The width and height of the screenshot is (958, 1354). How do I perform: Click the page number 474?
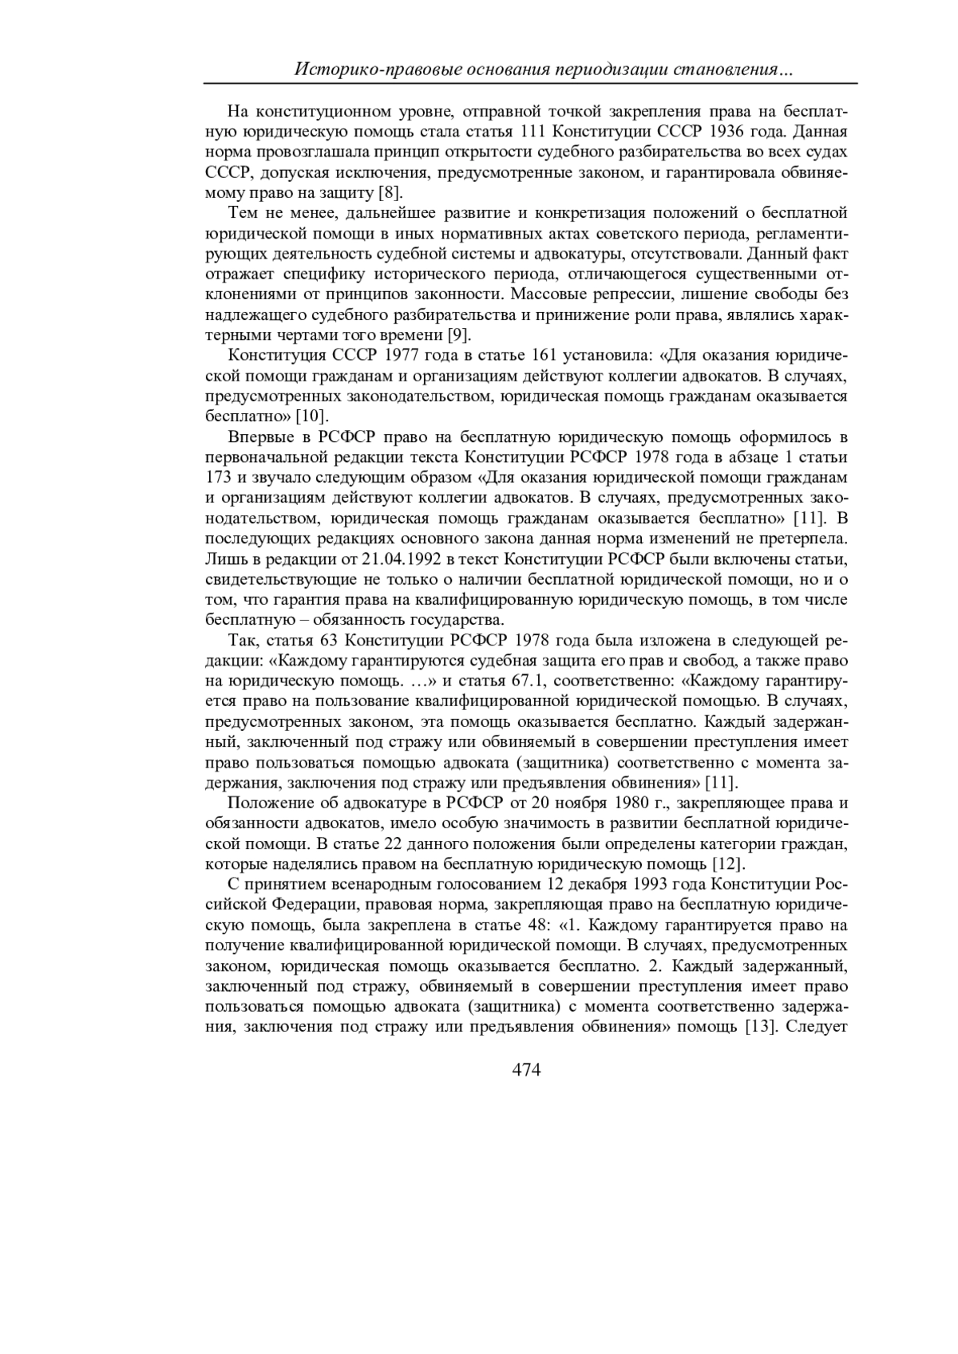tap(526, 1070)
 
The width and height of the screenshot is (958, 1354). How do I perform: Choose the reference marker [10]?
tap(313, 416)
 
